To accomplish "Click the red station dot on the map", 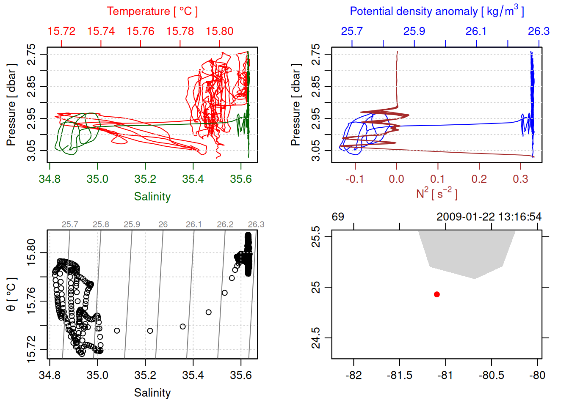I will click(x=437, y=294).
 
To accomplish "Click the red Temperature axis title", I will click(x=152, y=11).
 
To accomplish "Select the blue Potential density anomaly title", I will click(x=436, y=11).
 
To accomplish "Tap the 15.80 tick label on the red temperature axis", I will click(x=220, y=31).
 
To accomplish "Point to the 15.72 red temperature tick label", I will click(x=61, y=31).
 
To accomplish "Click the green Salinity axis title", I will click(x=152, y=197).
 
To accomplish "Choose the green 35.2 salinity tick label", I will click(x=145, y=179).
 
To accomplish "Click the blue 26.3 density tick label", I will click(x=539, y=31).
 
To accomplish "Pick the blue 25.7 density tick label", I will click(x=352, y=31).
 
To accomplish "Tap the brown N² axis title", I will click(x=436, y=193).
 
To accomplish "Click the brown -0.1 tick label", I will click(x=355, y=179).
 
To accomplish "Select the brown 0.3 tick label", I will click(x=520, y=179).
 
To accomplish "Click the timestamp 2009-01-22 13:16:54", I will click(x=489, y=217).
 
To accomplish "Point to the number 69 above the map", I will click(x=338, y=217).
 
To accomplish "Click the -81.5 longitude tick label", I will click(x=399, y=376).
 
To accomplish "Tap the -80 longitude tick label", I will click(x=537, y=376).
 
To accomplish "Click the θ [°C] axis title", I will click(x=11, y=294).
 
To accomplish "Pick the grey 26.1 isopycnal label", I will click(x=194, y=225).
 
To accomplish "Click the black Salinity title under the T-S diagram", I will click(x=152, y=393).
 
